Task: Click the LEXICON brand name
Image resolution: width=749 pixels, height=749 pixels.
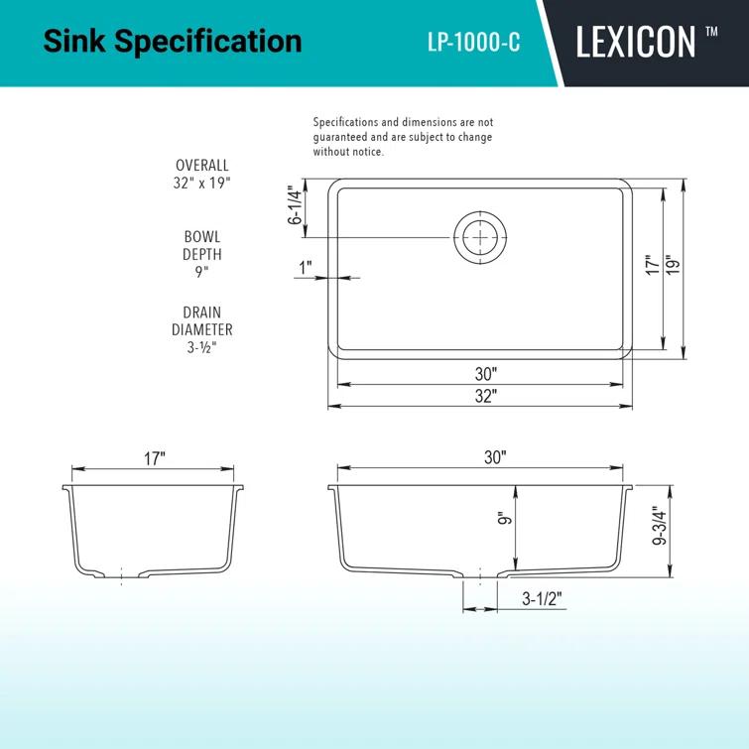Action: (635, 43)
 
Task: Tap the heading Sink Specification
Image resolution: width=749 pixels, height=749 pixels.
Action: (173, 42)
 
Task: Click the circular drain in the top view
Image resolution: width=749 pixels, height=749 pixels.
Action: (481, 237)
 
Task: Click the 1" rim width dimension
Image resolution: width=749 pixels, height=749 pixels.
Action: (305, 267)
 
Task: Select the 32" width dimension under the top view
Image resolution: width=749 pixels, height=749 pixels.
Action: (485, 395)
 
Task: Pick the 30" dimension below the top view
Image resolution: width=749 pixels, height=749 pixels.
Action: (485, 374)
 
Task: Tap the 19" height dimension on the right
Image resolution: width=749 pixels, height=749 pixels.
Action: (674, 266)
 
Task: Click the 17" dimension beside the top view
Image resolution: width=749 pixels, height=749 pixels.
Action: (652, 266)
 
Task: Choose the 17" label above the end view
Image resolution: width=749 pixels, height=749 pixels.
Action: (154, 458)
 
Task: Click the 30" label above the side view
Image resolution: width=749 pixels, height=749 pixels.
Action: (496, 457)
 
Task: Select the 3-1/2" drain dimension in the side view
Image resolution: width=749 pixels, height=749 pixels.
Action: (542, 600)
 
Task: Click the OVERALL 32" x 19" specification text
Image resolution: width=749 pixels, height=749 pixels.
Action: (202, 175)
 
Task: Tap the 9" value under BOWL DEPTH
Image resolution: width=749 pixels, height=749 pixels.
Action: (202, 272)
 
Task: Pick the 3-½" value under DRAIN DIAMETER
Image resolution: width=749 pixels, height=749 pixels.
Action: (202, 347)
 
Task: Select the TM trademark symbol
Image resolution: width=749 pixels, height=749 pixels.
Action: (711, 31)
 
